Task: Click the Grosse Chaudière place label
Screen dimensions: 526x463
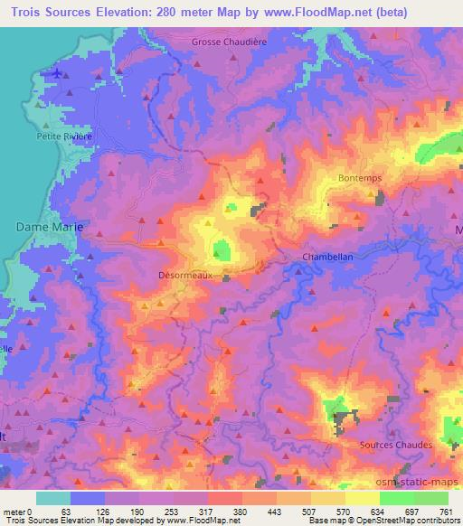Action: pos(231,42)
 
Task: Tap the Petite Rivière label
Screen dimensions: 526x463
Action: pos(63,136)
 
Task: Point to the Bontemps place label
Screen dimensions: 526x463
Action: pos(360,178)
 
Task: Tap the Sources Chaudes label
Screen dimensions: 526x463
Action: pos(395,446)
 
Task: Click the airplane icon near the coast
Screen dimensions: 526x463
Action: pos(59,72)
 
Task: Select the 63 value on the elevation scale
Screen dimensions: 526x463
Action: pos(65,511)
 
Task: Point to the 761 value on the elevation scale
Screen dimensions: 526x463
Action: pos(445,511)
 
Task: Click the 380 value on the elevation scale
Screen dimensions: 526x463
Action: pos(237,511)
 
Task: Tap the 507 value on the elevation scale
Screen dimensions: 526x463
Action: pos(307,511)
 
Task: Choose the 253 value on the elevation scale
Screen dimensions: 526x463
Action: pos(168,511)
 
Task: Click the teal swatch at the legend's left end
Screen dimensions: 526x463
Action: pos(52,498)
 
